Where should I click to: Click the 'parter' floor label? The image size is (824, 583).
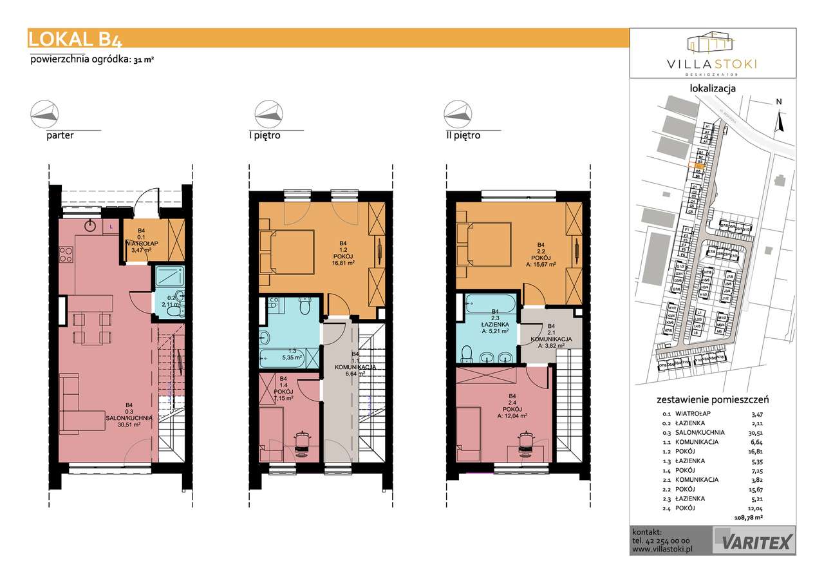(x=60, y=136)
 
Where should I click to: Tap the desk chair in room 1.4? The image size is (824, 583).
(x=301, y=441)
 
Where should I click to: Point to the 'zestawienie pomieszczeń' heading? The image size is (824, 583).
(x=712, y=399)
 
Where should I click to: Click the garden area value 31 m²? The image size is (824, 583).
(x=144, y=60)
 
